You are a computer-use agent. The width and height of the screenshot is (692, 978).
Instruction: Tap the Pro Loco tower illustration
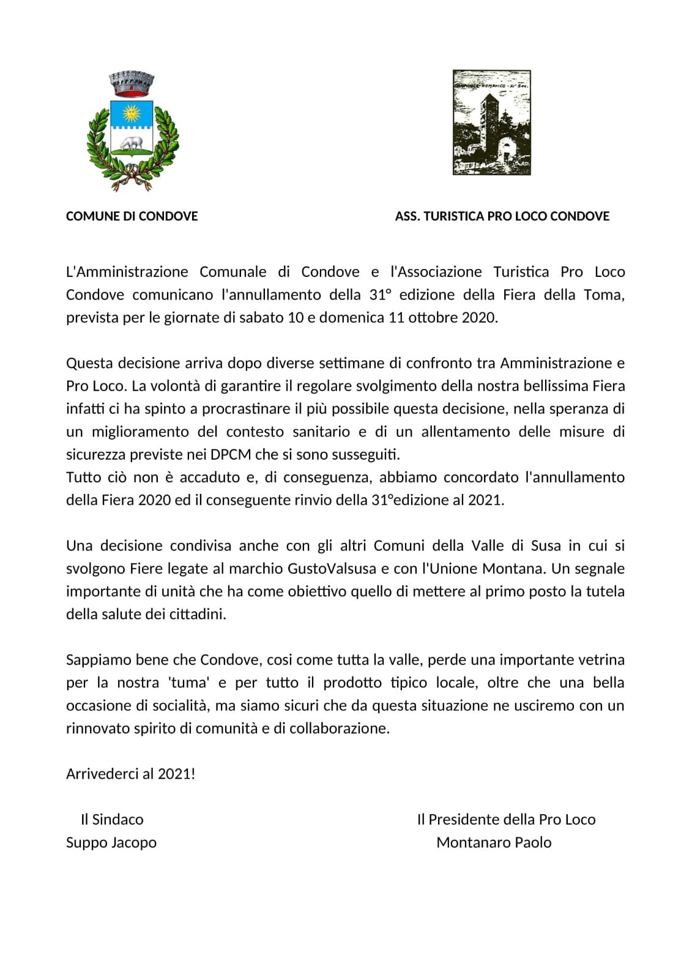pyautogui.click(x=491, y=122)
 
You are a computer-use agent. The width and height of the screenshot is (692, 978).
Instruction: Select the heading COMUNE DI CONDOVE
pyautogui.click(x=132, y=216)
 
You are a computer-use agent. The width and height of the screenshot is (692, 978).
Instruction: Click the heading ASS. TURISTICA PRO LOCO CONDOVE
pyautogui.click(x=502, y=216)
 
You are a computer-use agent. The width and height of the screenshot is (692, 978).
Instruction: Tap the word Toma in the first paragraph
pyautogui.click(x=602, y=295)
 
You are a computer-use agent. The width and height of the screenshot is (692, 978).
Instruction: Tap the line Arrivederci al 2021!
pyautogui.click(x=130, y=774)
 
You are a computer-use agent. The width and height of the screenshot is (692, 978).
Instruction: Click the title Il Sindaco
pyautogui.click(x=112, y=820)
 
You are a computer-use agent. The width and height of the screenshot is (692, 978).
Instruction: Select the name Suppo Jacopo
pyautogui.click(x=111, y=842)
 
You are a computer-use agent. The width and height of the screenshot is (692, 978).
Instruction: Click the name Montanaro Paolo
pyautogui.click(x=494, y=842)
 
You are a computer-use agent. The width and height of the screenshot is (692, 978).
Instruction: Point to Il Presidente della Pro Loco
pyautogui.click(x=506, y=820)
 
